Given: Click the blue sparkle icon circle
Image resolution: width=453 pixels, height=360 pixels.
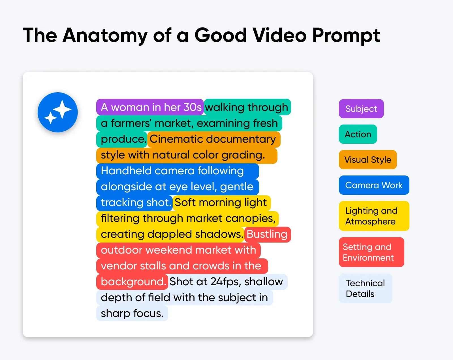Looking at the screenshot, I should pos(58,112).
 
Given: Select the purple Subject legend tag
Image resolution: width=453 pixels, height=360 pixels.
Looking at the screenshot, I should pos(361,109).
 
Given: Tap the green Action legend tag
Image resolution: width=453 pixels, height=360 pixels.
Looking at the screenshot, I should pos(358,134).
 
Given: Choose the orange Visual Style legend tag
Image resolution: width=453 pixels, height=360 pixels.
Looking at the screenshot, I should pos(368,160).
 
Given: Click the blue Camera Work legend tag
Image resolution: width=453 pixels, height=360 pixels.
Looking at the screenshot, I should pos(374,185).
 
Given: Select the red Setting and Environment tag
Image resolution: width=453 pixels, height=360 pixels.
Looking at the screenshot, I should pos(371,252).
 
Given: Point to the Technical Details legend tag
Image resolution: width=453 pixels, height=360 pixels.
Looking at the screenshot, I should pos(365,288).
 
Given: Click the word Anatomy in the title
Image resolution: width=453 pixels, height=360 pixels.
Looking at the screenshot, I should pos(105,35).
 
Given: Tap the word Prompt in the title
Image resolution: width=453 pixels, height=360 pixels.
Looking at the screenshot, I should pos(346,35).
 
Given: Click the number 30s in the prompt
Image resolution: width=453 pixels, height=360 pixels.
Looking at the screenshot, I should pos(193,107).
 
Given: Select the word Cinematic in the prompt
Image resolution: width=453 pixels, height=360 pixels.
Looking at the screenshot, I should pos(176,139).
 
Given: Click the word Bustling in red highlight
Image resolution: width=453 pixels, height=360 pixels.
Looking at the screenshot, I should pos(267,234).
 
